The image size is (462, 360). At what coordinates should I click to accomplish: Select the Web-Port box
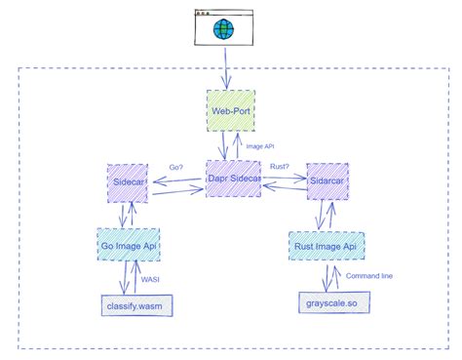click(231, 110)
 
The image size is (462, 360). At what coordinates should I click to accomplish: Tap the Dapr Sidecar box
click(231, 179)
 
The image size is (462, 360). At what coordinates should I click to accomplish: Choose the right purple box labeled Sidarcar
click(328, 181)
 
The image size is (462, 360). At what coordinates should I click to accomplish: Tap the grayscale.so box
click(328, 306)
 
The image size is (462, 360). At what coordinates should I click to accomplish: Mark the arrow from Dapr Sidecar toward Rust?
click(281, 180)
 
